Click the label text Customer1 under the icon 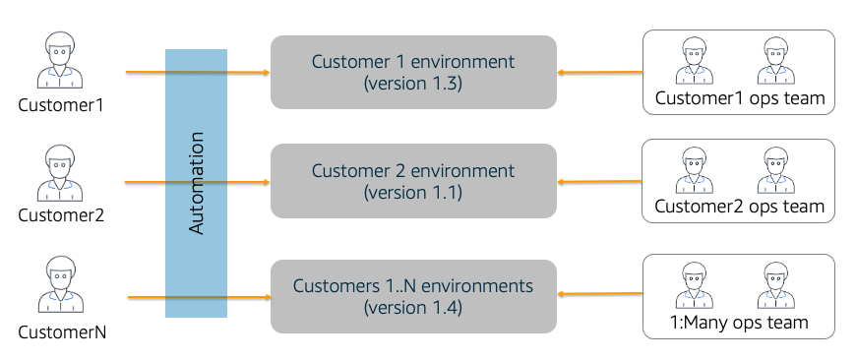pos(61,104)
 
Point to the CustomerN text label pos(61,331)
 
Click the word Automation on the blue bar pos(196,183)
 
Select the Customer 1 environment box pos(413,72)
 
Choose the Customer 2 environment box pos(413,181)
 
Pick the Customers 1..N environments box pos(413,296)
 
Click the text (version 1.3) pos(413,84)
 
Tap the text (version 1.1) pos(413,193)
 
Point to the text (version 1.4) pos(413,308)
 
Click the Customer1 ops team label pos(739,98)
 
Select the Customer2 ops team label pos(739,207)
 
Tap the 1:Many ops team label pos(739,323)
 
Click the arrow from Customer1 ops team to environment pos(600,72)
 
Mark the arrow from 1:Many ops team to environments pos(600,293)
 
